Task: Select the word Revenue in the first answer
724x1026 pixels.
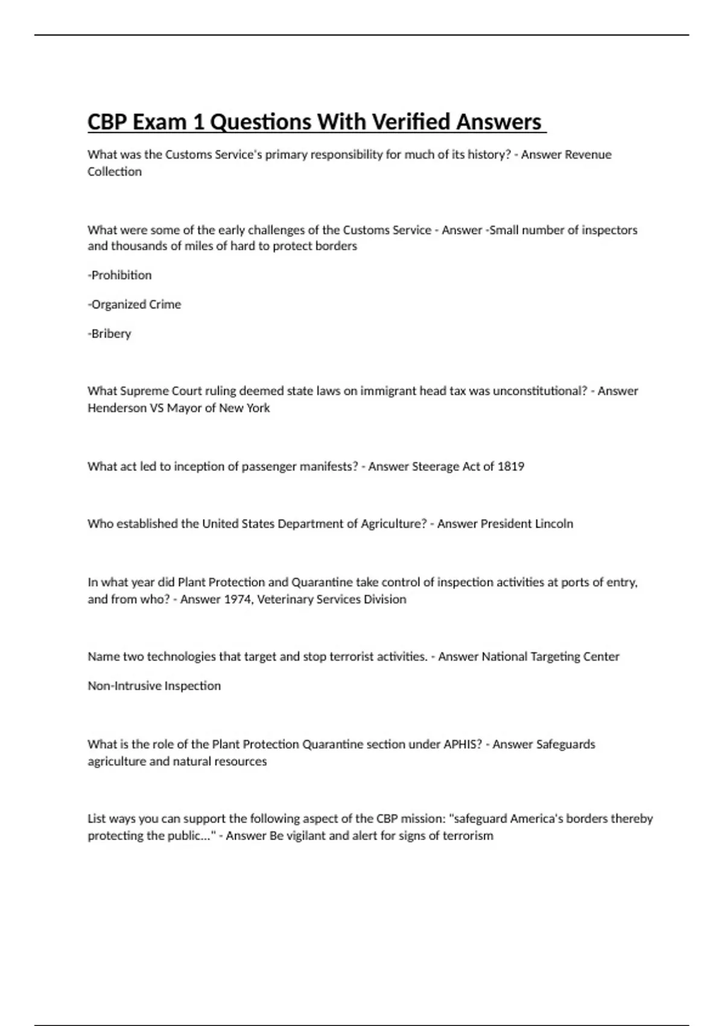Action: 588,155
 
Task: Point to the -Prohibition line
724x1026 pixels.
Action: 119,275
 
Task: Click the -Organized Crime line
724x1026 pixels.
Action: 134,304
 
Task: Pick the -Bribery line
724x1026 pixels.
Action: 109,333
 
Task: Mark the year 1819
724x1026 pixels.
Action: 510,467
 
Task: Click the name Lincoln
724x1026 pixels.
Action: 554,524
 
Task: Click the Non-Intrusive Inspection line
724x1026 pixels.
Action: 154,686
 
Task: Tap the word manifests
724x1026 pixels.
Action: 328,467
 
